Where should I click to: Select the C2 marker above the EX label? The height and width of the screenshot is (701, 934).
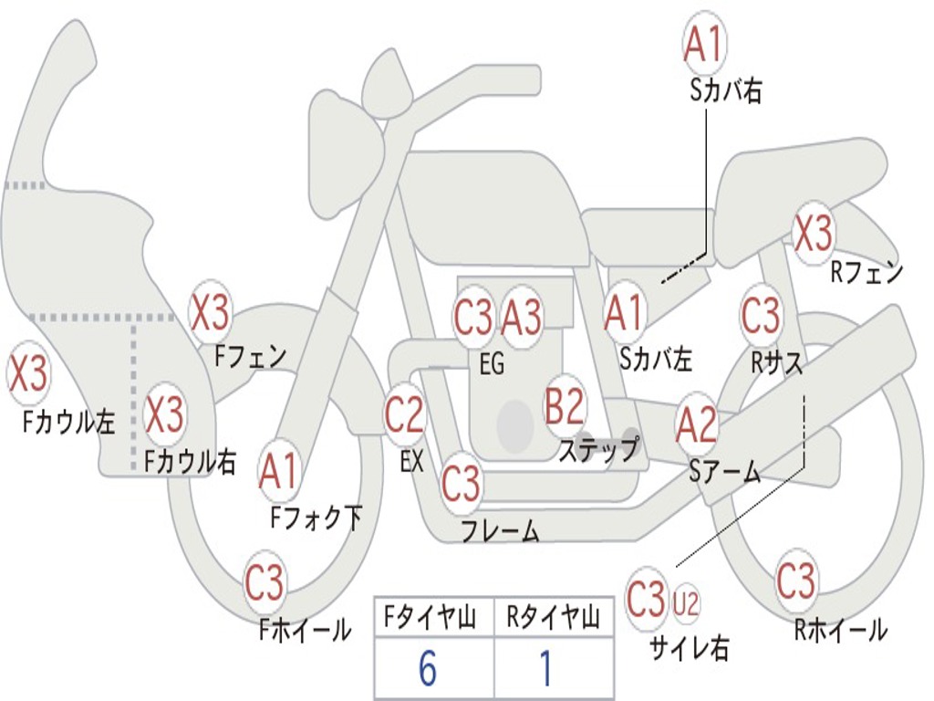[x=404, y=413]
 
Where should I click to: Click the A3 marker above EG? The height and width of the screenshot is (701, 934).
[x=521, y=317]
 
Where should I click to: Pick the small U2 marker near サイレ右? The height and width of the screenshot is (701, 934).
[x=686, y=603]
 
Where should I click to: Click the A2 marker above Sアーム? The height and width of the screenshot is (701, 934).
[x=696, y=424]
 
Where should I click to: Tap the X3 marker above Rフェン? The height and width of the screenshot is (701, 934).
[x=813, y=233]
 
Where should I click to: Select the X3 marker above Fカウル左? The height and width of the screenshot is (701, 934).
[x=28, y=372]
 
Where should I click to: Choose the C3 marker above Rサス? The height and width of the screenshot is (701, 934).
[x=761, y=314]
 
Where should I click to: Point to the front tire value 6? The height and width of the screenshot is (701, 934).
[x=428, y=668]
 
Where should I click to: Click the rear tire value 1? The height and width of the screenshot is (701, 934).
[x=545, y=668]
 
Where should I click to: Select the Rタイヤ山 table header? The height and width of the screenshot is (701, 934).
[x=553, y=618]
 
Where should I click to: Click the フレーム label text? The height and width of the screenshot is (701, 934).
[x=501, y=530]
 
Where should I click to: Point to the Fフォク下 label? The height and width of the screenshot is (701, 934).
[x=316, y=518]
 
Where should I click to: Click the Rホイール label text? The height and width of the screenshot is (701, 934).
[x=840, y=630]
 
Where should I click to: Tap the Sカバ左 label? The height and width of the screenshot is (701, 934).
[x=655, y=359]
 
